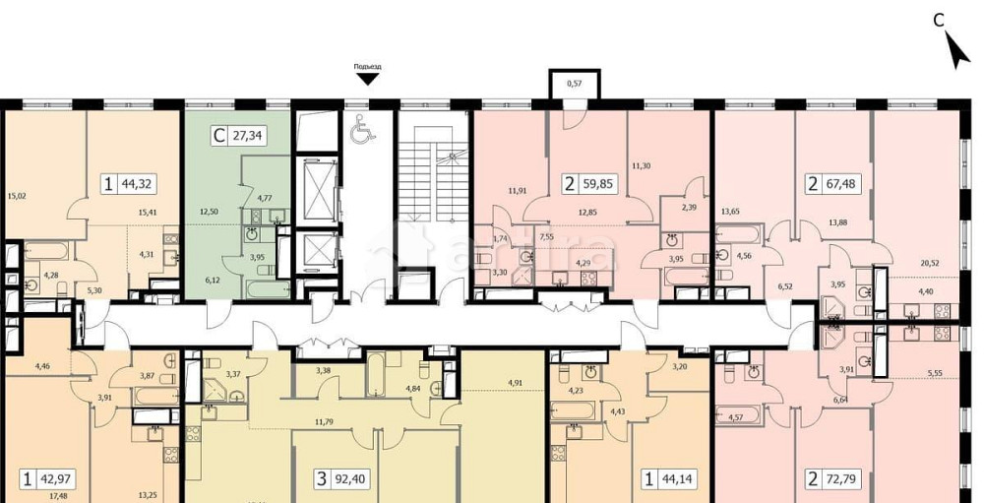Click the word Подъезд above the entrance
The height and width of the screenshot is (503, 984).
367,67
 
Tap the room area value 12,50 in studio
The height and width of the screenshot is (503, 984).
208,211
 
